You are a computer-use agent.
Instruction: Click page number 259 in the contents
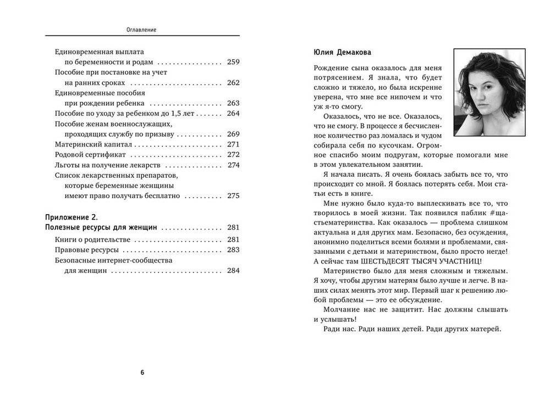233,62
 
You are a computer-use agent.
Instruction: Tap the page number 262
233,83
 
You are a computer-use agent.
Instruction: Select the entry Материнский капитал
94,144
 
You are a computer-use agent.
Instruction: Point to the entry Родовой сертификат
91,154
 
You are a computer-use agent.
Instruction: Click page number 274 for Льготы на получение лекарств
233,165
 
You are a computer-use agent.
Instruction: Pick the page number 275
233,195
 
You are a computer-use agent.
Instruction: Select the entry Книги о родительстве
93,239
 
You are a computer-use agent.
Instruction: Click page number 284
233,270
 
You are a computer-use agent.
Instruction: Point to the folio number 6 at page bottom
142,373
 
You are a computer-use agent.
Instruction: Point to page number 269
233,134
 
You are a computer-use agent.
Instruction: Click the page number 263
233,103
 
